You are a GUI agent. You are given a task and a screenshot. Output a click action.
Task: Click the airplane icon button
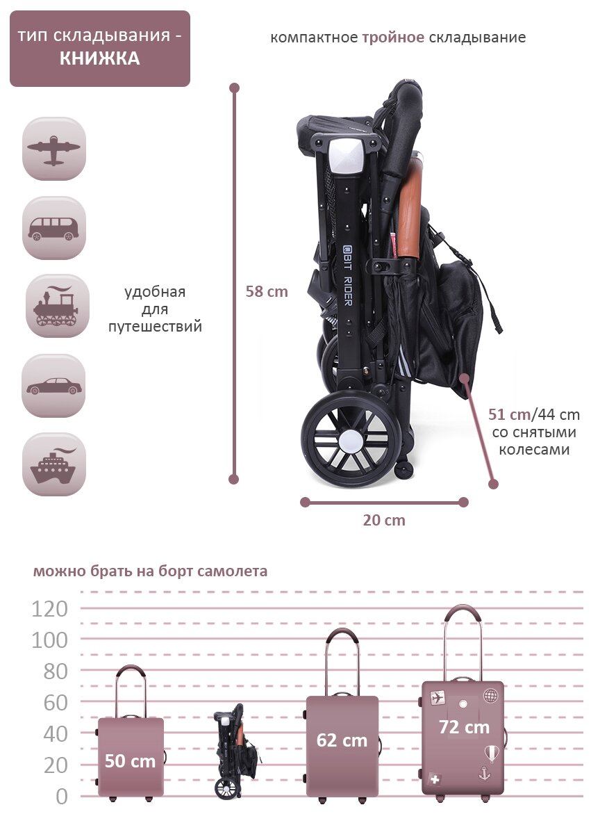click(54, 149)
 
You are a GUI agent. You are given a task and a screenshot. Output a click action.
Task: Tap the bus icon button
click(54, 228)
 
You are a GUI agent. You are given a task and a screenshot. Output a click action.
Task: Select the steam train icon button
click(57, 306)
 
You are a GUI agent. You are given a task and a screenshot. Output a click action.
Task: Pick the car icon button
click(54, 386)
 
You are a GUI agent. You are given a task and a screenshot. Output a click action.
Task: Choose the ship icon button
click(54, 464)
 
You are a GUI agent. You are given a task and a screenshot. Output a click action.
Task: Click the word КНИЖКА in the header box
click(99, 59)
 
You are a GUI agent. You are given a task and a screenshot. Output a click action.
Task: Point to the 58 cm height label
click(267, 291)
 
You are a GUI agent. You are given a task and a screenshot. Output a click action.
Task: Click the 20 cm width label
click(384, 520)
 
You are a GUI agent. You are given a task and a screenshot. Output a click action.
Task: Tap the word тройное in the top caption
click(393, 37)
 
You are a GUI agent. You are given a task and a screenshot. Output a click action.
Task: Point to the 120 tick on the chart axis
click(50, 609)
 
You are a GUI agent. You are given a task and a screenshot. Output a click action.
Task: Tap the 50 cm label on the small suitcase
click(130, 760)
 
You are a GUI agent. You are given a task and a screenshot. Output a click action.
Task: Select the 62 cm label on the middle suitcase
click(342, 740)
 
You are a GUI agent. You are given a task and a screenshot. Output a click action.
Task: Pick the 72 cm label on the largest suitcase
click(464, 727)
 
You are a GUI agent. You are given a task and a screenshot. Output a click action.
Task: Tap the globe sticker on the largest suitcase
click(491, 695)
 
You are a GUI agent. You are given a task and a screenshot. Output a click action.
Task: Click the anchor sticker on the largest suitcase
click(485, 772)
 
